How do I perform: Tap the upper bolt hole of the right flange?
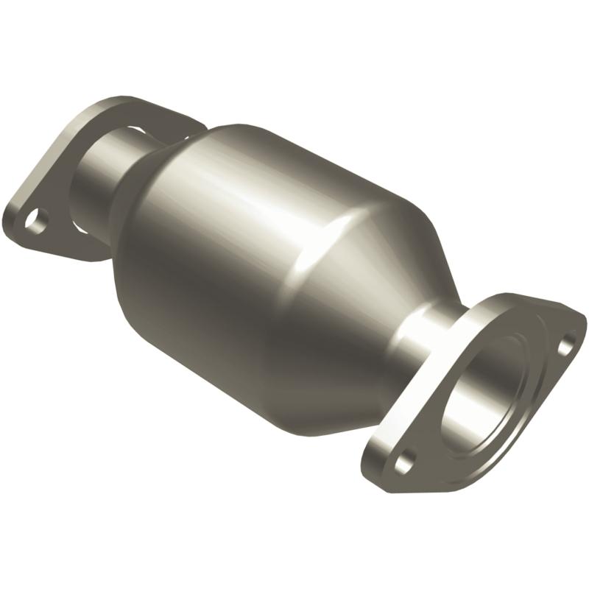[x=568, y=342]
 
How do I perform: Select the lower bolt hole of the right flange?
[x=403, y=465]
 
